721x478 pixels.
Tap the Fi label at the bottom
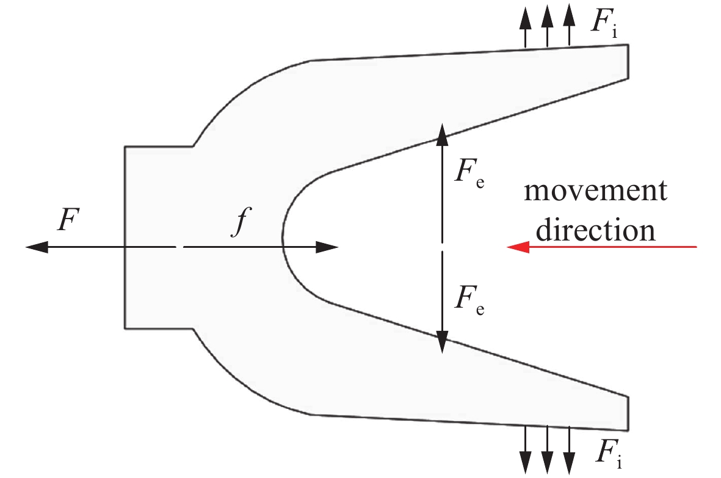tap(604, 452)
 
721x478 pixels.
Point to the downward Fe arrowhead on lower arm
tap(443, 345)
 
